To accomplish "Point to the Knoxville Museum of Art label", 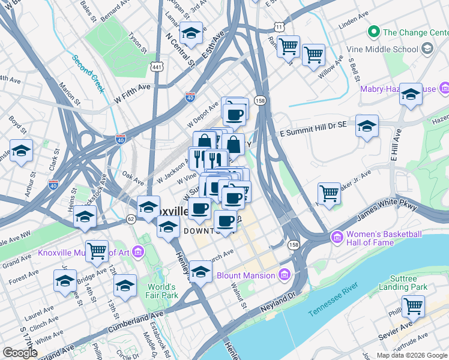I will click(84, 252).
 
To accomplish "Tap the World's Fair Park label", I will click(161, 291).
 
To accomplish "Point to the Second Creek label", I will click(88, 74).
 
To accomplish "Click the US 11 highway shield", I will click(279, 27).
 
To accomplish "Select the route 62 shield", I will click(130, 220).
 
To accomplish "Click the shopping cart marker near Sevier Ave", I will click(413, 306).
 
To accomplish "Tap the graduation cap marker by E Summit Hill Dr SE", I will click(367, 126).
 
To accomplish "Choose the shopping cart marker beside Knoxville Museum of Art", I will click(97, 251).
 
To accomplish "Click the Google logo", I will click(20, 352).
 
